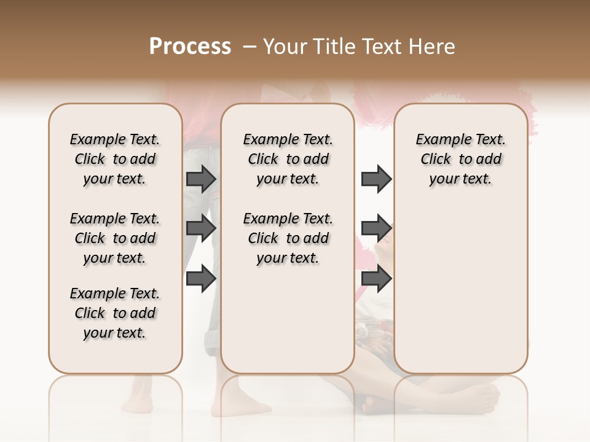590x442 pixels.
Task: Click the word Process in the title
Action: pyautogui.click(x=190, y=46)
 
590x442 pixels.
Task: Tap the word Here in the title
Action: pyautogui.click(x=433, y=47)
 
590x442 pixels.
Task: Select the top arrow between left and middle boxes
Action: pyautogui.click(x=201, y=179)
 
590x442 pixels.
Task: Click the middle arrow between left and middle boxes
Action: pyautogui.click(x=201, y=228)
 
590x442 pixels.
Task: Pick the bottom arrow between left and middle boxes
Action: pyautogui.click(x=201, y=278)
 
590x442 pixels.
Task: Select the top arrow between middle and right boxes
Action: pyautogui.click(x=376, y=179)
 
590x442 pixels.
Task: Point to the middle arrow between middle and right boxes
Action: pyautogui.click(x=376, y=228)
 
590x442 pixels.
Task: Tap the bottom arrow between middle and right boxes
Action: pyautogui.click(x=376, y=278)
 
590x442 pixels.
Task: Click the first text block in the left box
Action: pyautogui.click(x=115, y=159)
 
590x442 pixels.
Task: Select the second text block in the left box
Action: pyautogui.click(x=115, y=238)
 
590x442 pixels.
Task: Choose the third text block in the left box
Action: pyautogui.click(x=115, y=313)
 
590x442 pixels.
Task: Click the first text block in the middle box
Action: pyautogui.click(x=288, y=159)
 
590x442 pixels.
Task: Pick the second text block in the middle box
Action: pyautogui.click(x=288, y=238)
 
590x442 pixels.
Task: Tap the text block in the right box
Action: pyautogui.click(x=460, y=159)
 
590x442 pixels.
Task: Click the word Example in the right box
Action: pyautogui.click(x=438, y=140)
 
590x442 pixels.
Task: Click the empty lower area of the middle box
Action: pyautogui.click(x=288, y=319)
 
